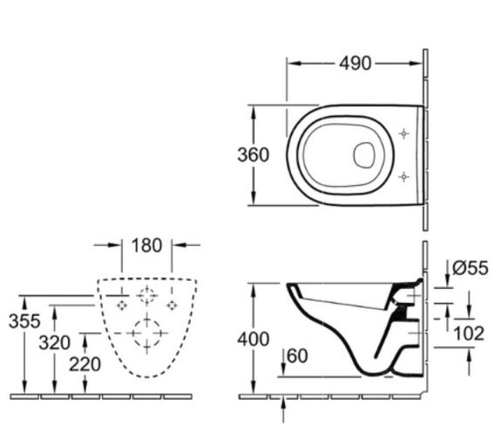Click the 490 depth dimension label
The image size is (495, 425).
pos(355,63)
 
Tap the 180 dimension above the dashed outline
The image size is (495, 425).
pos(146,245)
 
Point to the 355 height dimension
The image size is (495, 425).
pos(24,320)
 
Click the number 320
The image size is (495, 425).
pos(54,342)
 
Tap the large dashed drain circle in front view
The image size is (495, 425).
pos(146,333)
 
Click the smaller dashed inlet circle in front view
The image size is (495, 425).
pos(146,296)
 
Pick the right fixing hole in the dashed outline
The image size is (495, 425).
pos(173,305)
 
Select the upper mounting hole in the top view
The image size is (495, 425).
pos(403,134)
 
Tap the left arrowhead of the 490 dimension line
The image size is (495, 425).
pos(293,63)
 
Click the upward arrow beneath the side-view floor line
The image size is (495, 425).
pos(287,402)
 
